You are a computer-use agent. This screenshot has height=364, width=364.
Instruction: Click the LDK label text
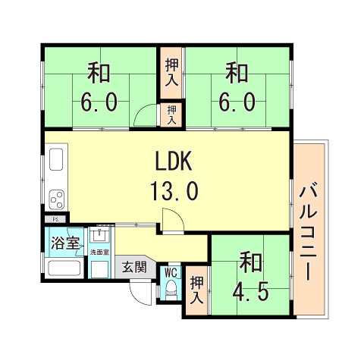coord(177,162)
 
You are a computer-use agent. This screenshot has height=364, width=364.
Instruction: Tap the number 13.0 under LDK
coord(177,190)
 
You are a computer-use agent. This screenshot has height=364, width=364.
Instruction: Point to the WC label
coord(171,271)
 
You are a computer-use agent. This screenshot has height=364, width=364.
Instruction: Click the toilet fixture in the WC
coord(171,289)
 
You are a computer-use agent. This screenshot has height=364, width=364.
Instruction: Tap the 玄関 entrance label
coord(136,267)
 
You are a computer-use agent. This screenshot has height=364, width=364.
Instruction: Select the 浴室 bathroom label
coord(64,244)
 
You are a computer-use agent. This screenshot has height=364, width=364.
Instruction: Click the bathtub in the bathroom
coord(64,268)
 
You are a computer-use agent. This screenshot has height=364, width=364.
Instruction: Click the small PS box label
coord(55,219)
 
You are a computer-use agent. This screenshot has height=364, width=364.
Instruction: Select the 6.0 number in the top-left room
coord(99,102)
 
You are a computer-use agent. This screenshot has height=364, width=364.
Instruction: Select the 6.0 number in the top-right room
coord(237,102)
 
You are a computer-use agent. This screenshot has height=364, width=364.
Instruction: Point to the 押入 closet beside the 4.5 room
coord(197,289)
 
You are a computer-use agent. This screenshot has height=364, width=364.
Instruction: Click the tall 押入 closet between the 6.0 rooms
coord(171,72)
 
